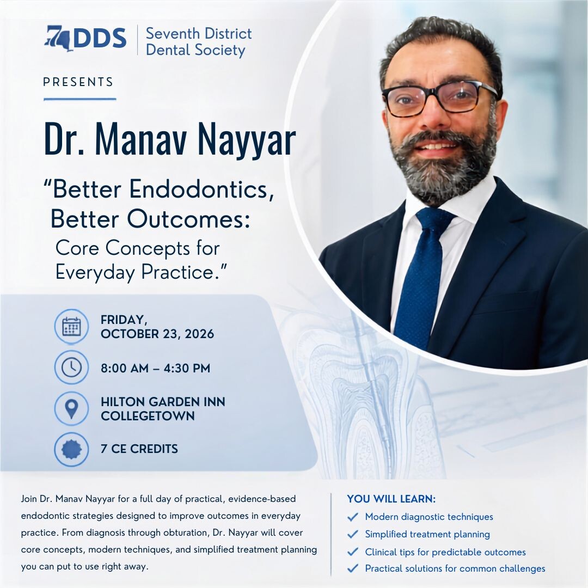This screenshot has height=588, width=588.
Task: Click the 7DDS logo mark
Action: click(85, 38)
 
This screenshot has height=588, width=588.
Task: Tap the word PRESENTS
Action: click(78, 82)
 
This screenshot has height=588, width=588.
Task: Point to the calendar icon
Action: click(71, 326)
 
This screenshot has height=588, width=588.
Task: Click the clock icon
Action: click(71, 367)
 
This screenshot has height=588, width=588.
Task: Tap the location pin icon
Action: click(71, 408)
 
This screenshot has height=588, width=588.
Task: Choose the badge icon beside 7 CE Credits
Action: click(71, 449)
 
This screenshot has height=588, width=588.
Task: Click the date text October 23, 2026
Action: click(157, 334)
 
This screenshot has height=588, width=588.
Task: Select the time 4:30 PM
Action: click(187, 368)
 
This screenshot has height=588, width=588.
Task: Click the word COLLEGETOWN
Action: click(148, 416)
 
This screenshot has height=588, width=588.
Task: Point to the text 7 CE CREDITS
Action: click(139, 449)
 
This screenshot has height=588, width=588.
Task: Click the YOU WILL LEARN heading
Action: click(391, 499)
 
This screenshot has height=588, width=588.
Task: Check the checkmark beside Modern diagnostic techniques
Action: click(352, 517)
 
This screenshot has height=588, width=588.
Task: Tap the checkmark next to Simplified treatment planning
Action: click(352, 535)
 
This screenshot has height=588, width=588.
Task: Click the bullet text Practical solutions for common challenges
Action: click(455, 568)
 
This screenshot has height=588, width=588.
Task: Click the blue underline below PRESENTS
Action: click(80, 99)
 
